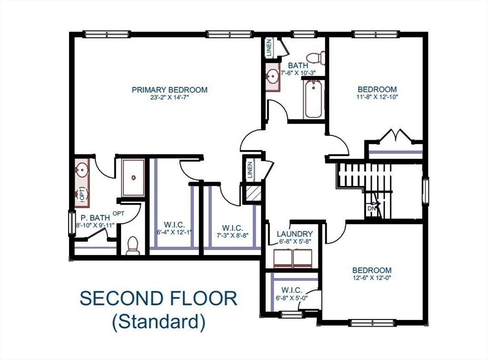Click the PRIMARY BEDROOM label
(169, 90)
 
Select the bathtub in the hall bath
(313, 99)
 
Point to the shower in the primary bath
(133, 177)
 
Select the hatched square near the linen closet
(253, 194)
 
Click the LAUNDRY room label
(295, 234)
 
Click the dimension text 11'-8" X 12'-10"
(377, 97)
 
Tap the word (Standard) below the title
(159, 322)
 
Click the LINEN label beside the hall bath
(269, 48)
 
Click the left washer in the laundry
(283, 258)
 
